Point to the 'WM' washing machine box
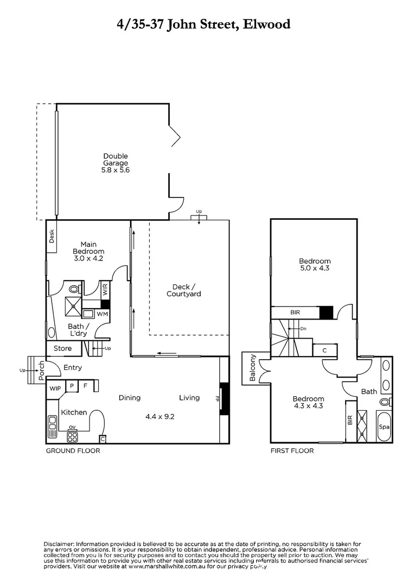click(102, 314)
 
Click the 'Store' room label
click(62, 348)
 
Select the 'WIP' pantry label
click(55, 388)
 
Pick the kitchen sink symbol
click(52, 426)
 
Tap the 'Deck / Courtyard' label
click(183, 290)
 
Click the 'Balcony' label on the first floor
click(253, 368)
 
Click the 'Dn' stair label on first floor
click(303, 328)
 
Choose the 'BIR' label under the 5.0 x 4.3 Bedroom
click(295, 313)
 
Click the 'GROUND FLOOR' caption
click(73, 451)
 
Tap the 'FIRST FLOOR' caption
click(292, 451)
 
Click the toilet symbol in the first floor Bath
click(385, 402)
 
